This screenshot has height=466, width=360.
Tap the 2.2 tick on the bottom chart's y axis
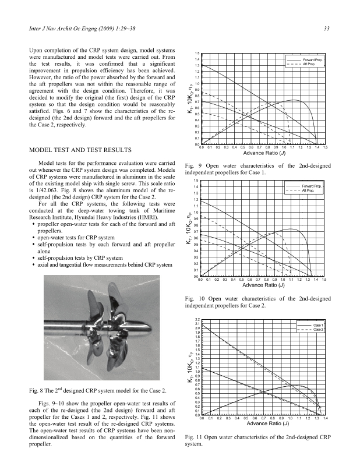(197, 320)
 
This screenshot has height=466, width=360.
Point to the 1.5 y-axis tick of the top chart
(197, 53)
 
